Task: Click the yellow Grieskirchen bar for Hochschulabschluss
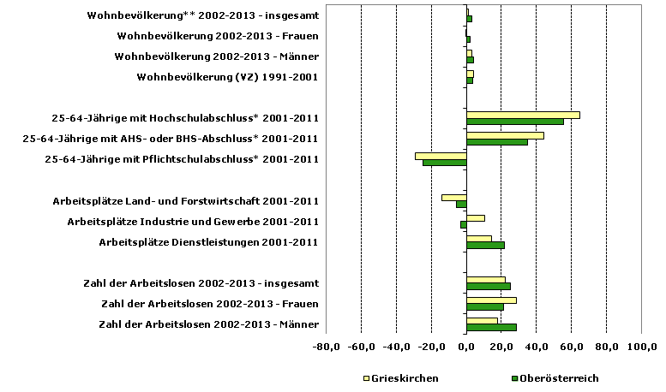(x=523, y=115)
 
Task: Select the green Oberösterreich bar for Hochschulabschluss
(x=514, y=122)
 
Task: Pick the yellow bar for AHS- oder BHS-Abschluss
(x=505, y=135)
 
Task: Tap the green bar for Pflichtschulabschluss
(x=444, y=163)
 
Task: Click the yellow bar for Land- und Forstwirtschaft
(x=453, y=197)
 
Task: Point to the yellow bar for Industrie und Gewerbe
(x=476, y=217)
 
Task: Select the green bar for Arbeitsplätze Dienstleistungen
(x=485, y=245)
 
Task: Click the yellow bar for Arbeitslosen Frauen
(x=491, y=300)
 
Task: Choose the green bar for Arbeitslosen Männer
(x=491, y=327)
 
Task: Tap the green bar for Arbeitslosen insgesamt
(x=489, y=286)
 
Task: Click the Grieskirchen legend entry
(x=402, y=377)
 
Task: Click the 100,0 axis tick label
(x=642, y=347)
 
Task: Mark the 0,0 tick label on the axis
(x=466, y=347)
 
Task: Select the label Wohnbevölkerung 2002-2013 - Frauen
(x=218, y=36)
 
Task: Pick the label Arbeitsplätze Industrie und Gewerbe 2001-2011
(x=193, y=221)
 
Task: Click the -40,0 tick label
(x=396, y=347)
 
